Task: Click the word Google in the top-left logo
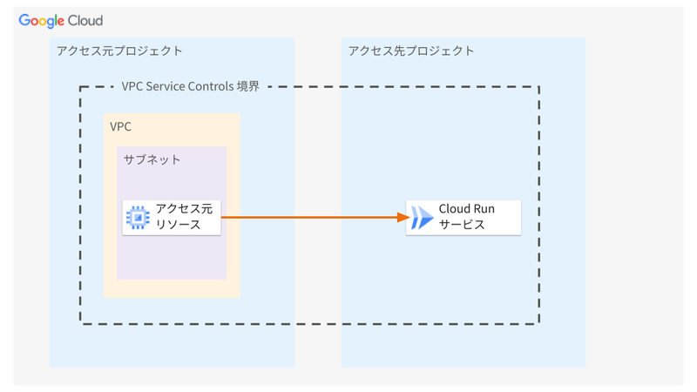pyautogui.click(x=42, y=20)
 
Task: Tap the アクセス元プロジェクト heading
pyautogui.click(x=118, y=51)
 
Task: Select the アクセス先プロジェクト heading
pyautogui.click(x=411, y=51)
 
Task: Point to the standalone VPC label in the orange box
pyautogui.click(x=121, y=126)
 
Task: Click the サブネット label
pyautogui.click(x=152, y=159)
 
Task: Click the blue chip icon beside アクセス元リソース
pyautogui.click(x=138, y=217)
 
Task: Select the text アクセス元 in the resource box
pyautogui.click(x=183, y=209)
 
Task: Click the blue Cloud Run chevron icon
pyautogui.click(x=422, y=218)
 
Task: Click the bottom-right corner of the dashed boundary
pyautogui.click(x=539, y=323)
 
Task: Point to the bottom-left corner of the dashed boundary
pyautogui.click(x=80, y=323)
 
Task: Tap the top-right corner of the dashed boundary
pyautogui.click(x=539, y=86)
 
